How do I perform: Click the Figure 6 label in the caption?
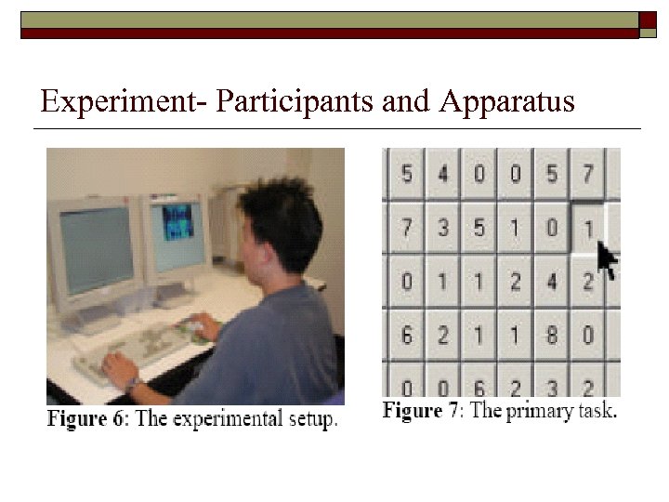(x=89, y=418)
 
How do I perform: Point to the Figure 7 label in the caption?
(x=423, y=410)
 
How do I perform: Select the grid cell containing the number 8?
(x=551, y=333)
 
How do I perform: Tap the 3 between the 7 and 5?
(x=442, y=227)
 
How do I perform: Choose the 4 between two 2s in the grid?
(x=551, y=280)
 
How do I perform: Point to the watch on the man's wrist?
(x=134, y=383)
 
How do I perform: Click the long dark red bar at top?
(x=330, y=33)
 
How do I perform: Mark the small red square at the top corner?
(x=649, y=20)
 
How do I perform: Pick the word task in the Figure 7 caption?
(x=595, y=410)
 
